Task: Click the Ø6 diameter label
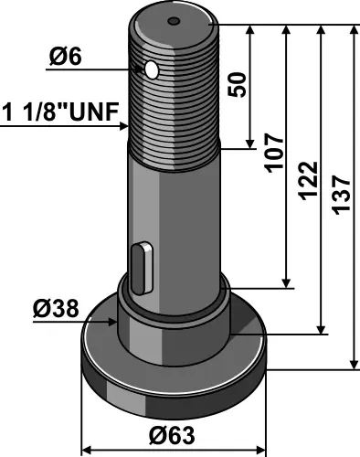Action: [66, 57]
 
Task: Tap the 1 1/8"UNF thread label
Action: [60, 112]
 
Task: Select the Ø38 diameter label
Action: [56, 309]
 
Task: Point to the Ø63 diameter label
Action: [172, 435]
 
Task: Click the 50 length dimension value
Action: [238, 85]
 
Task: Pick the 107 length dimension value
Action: [274, 153]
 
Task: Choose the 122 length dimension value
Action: [309, 180]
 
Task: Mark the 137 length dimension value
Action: [343, 195]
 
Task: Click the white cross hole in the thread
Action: [152, 70]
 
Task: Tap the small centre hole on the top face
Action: [174, 21]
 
